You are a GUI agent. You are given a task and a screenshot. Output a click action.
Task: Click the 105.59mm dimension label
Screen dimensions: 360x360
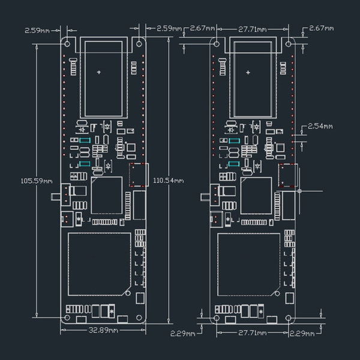(x=37, y=180)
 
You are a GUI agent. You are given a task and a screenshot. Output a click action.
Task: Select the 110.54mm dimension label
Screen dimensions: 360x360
(x=169, y=180)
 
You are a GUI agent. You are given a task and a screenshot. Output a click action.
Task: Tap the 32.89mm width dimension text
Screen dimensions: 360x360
(x=104, y=330)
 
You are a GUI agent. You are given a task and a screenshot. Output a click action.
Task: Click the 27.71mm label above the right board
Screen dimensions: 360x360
(x=253, y=28)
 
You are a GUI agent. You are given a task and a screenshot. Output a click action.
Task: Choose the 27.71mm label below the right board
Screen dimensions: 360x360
(x=253, y=332)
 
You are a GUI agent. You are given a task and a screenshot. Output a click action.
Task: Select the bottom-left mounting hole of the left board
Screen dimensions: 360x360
(x=67, y=317)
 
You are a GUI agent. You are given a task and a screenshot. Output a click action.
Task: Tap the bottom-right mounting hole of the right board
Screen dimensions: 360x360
(x=289, y=317)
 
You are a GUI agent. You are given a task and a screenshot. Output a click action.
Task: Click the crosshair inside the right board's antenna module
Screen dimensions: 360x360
(x=249, y=72)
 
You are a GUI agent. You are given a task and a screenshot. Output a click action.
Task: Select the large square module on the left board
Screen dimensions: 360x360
(x=100, y=264)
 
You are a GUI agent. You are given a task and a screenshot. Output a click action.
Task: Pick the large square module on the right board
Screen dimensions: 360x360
(x=249, y=264)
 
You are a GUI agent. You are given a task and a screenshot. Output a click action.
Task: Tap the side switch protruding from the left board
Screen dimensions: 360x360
(x=58, y=196)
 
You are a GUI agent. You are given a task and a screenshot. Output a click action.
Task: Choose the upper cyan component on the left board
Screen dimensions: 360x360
(x=85, y=140)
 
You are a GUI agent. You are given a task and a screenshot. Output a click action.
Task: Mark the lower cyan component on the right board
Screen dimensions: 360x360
(x=234, y=163)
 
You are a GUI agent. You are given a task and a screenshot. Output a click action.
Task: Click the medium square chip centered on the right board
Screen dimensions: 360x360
(x=256, y=195)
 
